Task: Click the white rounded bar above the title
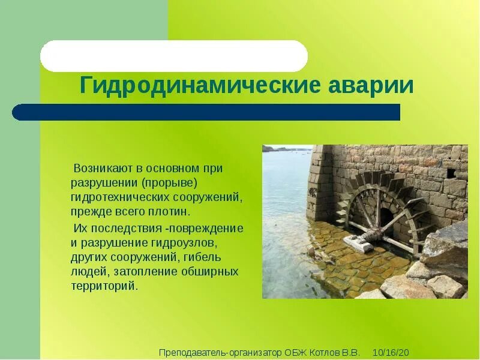point(174,56)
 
